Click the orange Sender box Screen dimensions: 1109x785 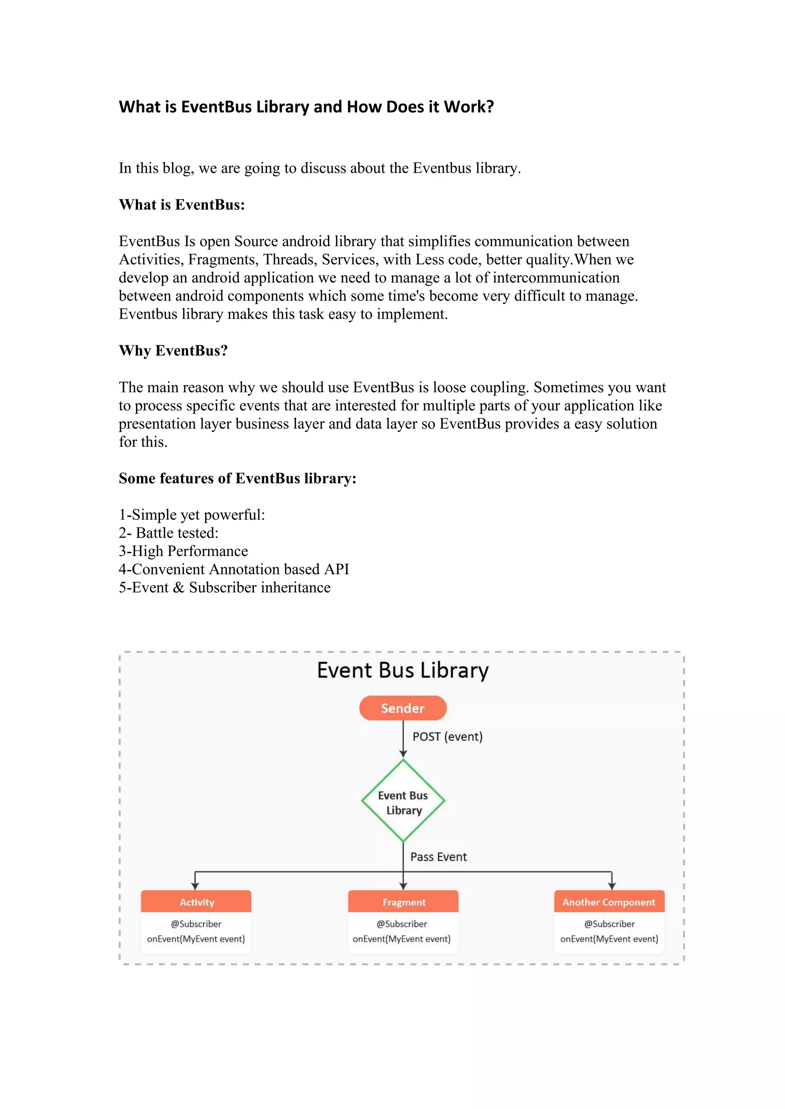402,708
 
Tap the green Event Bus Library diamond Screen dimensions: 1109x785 403,802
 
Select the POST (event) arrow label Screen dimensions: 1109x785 447,737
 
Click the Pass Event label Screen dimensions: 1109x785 438,857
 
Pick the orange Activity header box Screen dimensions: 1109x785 196,902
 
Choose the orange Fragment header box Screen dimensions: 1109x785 404,902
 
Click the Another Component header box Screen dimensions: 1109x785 609,902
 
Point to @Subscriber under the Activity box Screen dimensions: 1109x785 196,924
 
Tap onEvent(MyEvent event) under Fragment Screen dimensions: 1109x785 402,939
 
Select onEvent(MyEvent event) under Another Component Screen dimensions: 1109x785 609,939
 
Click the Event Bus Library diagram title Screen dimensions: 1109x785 402,671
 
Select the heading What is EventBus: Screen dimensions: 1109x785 182,205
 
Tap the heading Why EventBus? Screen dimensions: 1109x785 173,351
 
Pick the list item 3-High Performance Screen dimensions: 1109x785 183,551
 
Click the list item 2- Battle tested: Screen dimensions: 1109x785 169,533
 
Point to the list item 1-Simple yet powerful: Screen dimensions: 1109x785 192,515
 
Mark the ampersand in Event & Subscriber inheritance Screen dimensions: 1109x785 178,587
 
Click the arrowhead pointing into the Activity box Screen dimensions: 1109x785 195,886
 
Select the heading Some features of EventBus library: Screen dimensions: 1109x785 237,478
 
